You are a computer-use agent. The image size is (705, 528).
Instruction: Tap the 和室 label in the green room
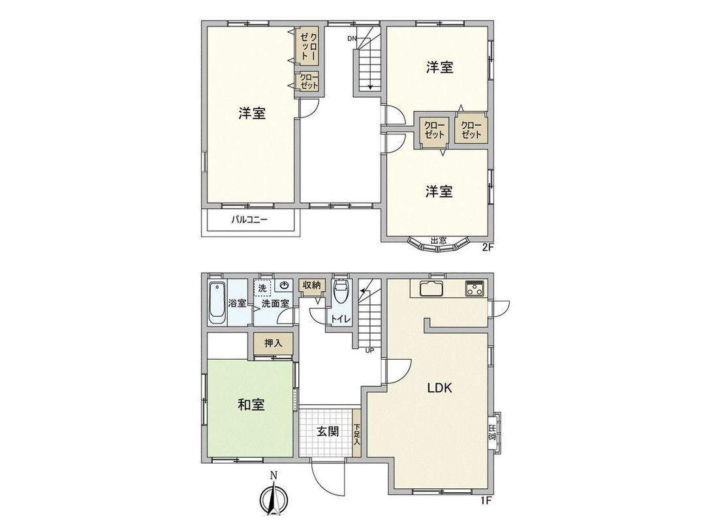pyautogui.click(x=251, y=405)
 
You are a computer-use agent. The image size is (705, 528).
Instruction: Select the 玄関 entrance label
pyautogui.click(x=328, y=432)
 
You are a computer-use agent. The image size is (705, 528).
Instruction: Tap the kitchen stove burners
pyautogui.click(x=475, y=289)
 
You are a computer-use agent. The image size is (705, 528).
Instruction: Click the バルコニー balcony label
pyautogui.click(x=249, y=220)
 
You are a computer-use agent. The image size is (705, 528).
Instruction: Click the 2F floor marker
pyautogui.click(x=488, y=247)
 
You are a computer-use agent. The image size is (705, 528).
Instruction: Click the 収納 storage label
pyautogui.click(x=311, y=286)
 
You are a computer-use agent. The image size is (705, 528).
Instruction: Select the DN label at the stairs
pyautogui.click(x=352, y=38)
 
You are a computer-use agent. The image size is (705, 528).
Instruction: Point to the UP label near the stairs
pyautogui.click(x=369, y=350)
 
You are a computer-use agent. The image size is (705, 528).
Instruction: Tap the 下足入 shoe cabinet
pyautogui.click(x=357, y=435)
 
